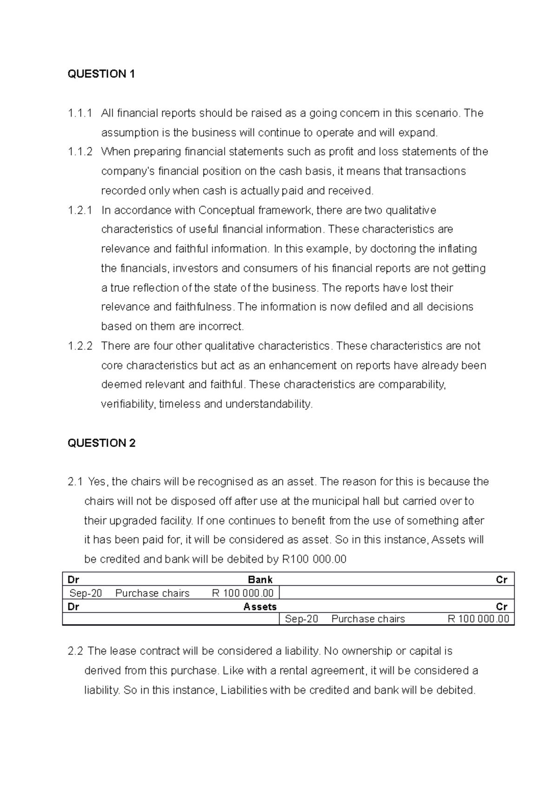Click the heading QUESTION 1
tap(101, 74)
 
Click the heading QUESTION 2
tap(101, 443)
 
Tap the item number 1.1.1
tap(80, 113)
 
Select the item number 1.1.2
tap(80, 151)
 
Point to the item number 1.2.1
tap(80, 210)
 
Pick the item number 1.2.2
tap(80, 346)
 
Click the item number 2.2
tap(75, 651)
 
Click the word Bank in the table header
tap(260, 579)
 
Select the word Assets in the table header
tap(260, 606)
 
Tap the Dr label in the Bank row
tap(73, 579)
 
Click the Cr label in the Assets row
tap(501, 606)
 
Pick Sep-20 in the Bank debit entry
tap(86, 593)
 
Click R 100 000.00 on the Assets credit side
tap(478, 619)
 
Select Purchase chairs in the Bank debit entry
tap(153, 593)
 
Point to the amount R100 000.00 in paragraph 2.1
tap(314, 559)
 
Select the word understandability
tap(269, 404)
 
